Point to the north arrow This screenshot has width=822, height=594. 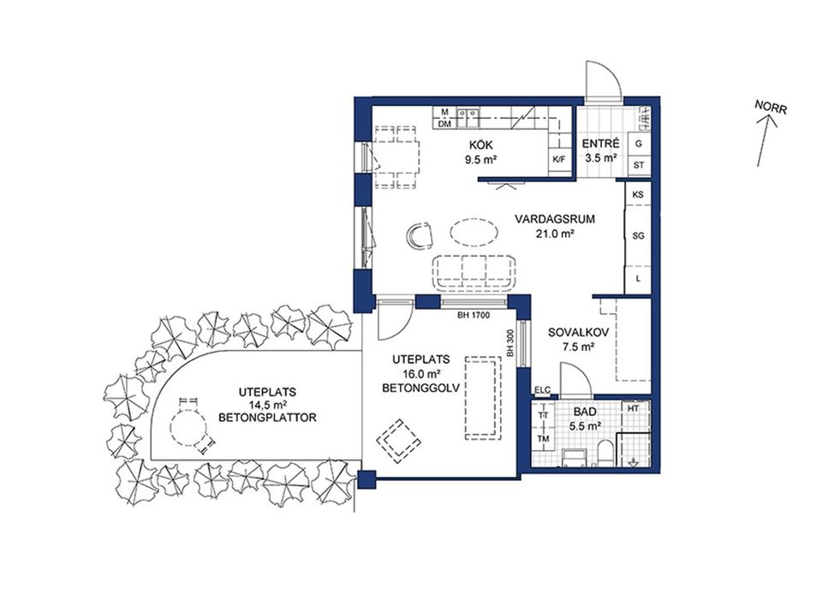coord(765,140)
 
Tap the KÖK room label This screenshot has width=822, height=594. coord(481,146)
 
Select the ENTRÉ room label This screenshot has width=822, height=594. coord(601,144)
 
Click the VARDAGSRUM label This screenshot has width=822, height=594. coord(555,219)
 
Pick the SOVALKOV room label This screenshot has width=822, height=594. coord(578,332)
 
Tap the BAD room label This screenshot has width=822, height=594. coord(585,413)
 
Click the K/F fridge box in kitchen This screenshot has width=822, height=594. coord(560,159)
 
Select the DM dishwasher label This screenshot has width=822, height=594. coord(445,124)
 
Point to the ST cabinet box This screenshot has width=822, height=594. coord(639,165)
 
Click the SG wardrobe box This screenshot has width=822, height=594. coord(638,236)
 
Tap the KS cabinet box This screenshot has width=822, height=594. coord(638,194)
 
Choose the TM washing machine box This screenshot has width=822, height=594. coord(543,439)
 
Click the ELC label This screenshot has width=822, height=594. coord(543,389)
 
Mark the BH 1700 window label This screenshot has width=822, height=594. coord(474,315)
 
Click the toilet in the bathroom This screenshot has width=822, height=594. coord(605,453)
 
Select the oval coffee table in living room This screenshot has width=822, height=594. coord(474,231)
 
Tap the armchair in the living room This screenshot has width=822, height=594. coord(420,235)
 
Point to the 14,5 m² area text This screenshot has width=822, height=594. coord(267,405)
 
